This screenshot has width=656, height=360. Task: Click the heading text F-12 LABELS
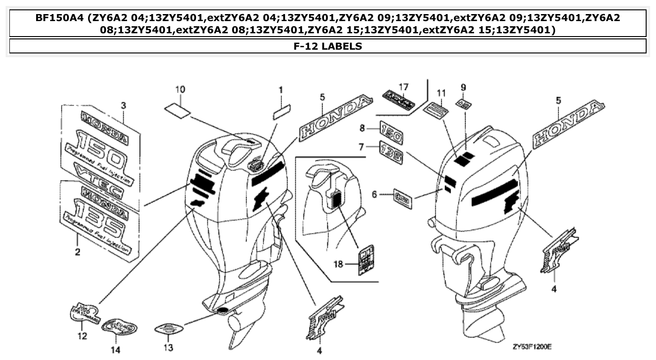(328, 46)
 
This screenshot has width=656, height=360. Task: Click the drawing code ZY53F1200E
(531, 347)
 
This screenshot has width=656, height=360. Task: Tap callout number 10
(180, 89)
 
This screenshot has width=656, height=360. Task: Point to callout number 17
(403, 87)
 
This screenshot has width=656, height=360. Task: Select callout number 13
(168, 348)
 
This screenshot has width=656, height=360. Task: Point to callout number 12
(82, 336)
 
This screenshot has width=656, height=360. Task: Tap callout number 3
(123, 105)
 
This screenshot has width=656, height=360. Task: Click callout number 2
(77, 253)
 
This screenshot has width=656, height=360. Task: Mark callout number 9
(463, 87)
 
